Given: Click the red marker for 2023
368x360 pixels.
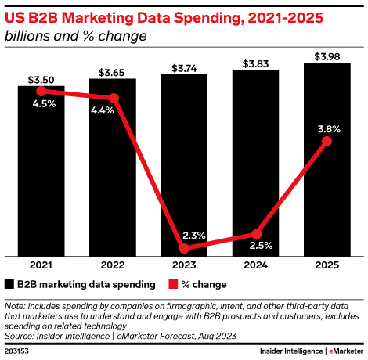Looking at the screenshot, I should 184,249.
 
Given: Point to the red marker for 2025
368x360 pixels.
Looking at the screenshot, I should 327,141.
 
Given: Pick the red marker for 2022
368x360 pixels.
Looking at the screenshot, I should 114,98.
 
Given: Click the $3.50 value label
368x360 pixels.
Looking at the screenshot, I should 41,79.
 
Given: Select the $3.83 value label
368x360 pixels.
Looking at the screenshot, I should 256,63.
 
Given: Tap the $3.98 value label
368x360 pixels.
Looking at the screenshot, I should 327,56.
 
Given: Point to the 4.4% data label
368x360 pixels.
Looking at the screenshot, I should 103,110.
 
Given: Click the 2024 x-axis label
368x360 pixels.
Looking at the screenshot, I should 256,265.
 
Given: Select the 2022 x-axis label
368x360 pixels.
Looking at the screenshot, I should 114,265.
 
